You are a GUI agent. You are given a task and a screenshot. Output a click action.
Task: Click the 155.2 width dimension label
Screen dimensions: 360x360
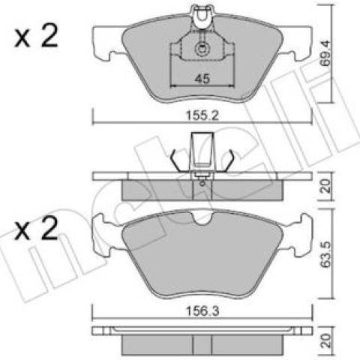pos(202,115)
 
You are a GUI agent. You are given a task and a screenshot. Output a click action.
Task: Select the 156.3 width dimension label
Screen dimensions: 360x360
pos(202,311)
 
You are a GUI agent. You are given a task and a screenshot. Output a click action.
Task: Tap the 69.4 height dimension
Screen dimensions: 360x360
pos(325,53)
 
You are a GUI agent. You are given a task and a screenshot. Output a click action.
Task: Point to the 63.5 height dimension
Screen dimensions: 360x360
pos(325,254)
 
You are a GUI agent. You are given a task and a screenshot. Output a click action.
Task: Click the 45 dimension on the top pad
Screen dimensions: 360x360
pos(202,79)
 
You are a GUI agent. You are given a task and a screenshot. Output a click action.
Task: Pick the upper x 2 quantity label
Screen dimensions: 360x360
pos(36,36)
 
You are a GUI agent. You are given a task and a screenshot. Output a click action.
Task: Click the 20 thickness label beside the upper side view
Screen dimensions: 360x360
pos(325,186)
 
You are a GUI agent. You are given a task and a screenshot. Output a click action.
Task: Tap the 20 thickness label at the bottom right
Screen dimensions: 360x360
pos(325,341)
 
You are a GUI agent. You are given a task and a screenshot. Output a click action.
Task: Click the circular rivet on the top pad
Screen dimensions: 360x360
pos(202,49)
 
